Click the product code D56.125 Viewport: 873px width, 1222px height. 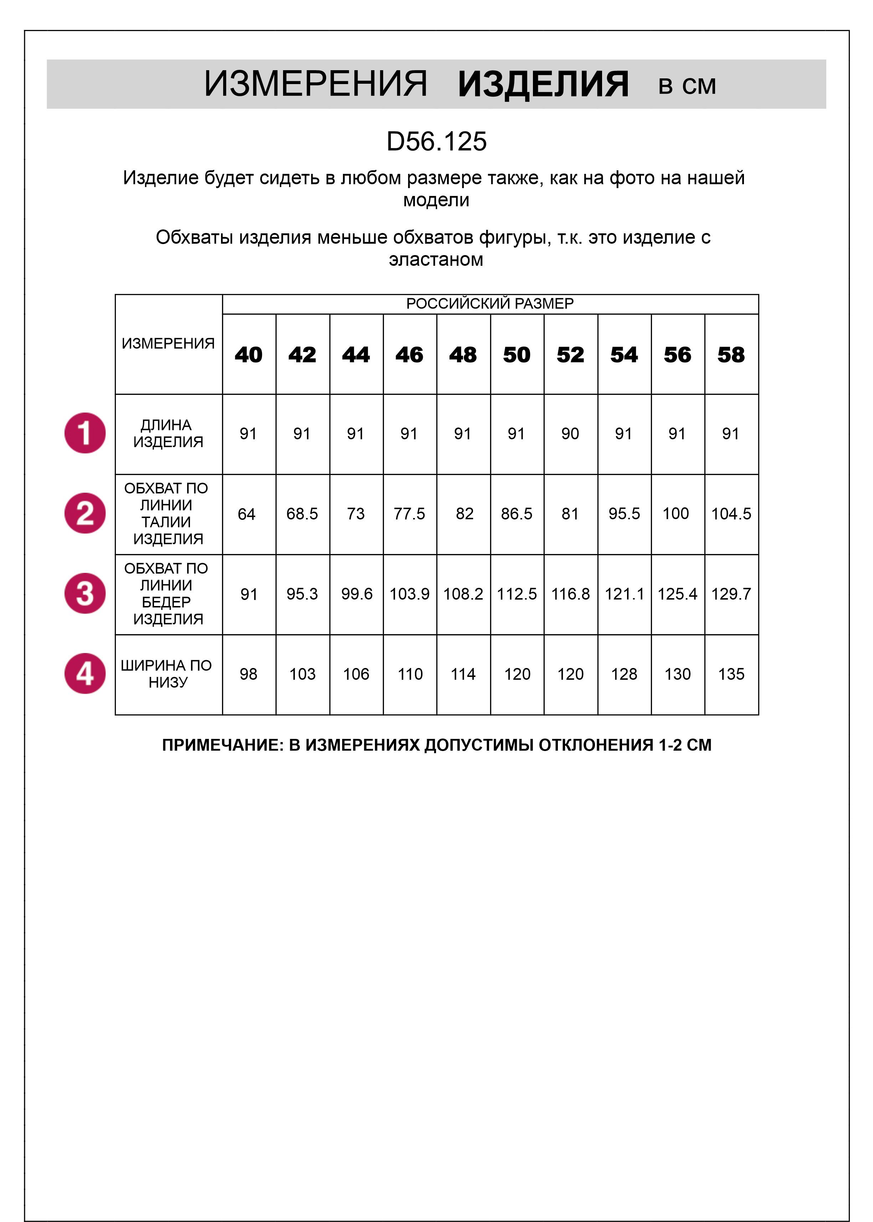pyautogui.click(x=436, y=142)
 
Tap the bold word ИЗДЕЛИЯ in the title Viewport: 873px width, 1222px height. pyautogui.click(x=543, y=84)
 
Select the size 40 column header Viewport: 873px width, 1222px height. pyautogui.click(x=248, y=354)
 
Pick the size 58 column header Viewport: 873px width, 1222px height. pyautogui.click(x=731, y=354)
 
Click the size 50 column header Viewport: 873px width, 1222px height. pyautogui.click(x=517, y=354)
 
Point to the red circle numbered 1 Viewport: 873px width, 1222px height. pyautogui.click(x=85, y=433)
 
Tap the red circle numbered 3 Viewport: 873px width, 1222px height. pyautogui.click(x=85, y=594)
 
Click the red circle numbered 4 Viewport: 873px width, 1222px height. pyautogui.click(x=85, y=674)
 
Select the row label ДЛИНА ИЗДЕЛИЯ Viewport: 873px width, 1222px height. pyautogui.click(x=168, y=434)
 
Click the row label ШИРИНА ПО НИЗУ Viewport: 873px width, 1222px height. pyautogui.click(x=166, y=674)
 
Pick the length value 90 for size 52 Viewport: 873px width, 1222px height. pyautogui.click(x=570, y=434)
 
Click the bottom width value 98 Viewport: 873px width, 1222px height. pyautogui.click(x=248, y=674)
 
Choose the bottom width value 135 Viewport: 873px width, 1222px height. pyautogui.click(x=731, y=674)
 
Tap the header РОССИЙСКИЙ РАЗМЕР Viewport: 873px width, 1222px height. pyautogui.click(x=490, y=304)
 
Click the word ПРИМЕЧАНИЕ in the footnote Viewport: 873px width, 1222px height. pyautogui.click(x=222, y=745)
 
